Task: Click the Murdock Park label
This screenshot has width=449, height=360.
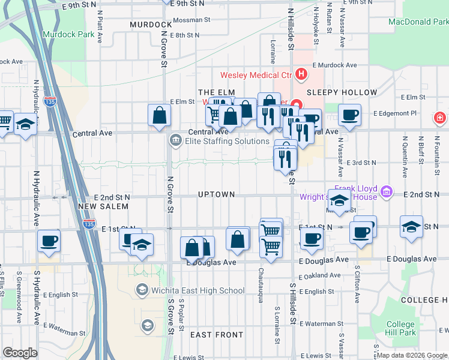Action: (68, 34)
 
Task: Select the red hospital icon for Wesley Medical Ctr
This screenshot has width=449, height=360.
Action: (301, 75)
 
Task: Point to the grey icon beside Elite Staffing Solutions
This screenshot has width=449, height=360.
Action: (176, 141)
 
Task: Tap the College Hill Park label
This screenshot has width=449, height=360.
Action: (400, 329)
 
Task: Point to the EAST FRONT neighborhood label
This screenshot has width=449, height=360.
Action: (217, 335)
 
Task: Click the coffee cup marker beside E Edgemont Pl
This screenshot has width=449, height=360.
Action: (349, 113)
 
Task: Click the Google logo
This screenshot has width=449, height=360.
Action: (20, 353)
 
